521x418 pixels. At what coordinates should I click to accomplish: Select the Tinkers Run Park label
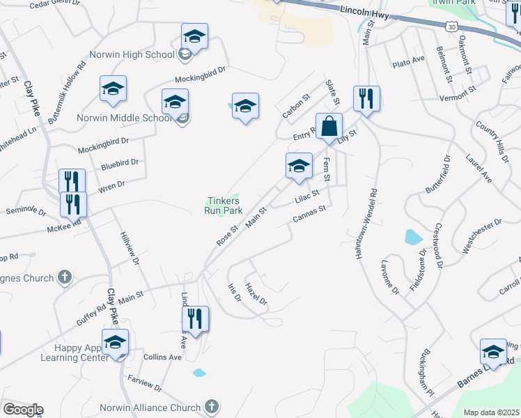click(223, 206)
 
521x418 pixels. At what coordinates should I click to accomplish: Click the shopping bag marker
click(329, 127)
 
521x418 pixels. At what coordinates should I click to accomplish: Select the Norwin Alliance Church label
click(157, 406)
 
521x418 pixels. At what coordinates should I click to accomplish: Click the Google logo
click(22, 410)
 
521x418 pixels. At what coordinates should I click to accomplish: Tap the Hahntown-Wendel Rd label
click(365, 224)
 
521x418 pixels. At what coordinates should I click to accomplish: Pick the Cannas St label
click(309, 217)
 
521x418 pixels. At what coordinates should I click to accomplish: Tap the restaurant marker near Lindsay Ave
click(195, 319)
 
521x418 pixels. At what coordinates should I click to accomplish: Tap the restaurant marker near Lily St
click(366, 98)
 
